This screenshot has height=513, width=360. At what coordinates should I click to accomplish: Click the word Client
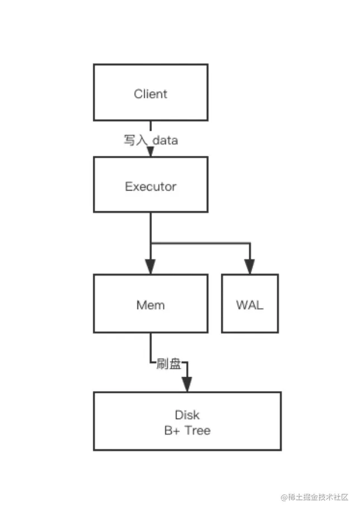coord(150,94)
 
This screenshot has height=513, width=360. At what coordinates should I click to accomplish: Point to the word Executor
coord(150,187)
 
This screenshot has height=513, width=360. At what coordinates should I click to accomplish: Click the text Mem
coord(150,305)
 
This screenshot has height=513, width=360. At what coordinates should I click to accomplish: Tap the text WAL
coord(250,305)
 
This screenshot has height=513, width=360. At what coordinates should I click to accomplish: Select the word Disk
coord(187,415)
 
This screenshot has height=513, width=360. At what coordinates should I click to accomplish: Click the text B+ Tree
coord(187,430)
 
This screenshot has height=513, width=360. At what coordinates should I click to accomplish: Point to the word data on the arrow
coord(165,140)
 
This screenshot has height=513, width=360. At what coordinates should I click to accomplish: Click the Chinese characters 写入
coord(134,140)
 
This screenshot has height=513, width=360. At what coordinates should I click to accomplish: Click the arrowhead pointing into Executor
coord(150,151)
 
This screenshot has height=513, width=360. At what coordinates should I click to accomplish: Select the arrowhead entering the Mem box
coord(150,267)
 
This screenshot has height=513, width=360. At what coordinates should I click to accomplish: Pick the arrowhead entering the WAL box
coord(250,267)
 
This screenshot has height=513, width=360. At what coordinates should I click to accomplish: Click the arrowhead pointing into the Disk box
coord(187,384)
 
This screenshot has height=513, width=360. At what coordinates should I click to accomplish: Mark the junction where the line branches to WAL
coord(150,244)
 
